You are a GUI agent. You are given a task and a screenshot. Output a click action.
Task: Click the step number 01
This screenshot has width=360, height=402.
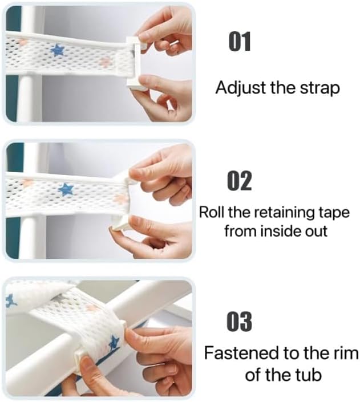[240, 41]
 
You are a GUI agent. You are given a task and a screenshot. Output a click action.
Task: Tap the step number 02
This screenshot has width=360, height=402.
[240, 181]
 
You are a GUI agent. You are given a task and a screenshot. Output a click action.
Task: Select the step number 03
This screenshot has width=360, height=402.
[239, 322]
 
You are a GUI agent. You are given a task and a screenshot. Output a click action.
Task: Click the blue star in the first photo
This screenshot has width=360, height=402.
[57, 51]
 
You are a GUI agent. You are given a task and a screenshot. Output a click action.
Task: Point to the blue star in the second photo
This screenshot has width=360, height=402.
[66, 190]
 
